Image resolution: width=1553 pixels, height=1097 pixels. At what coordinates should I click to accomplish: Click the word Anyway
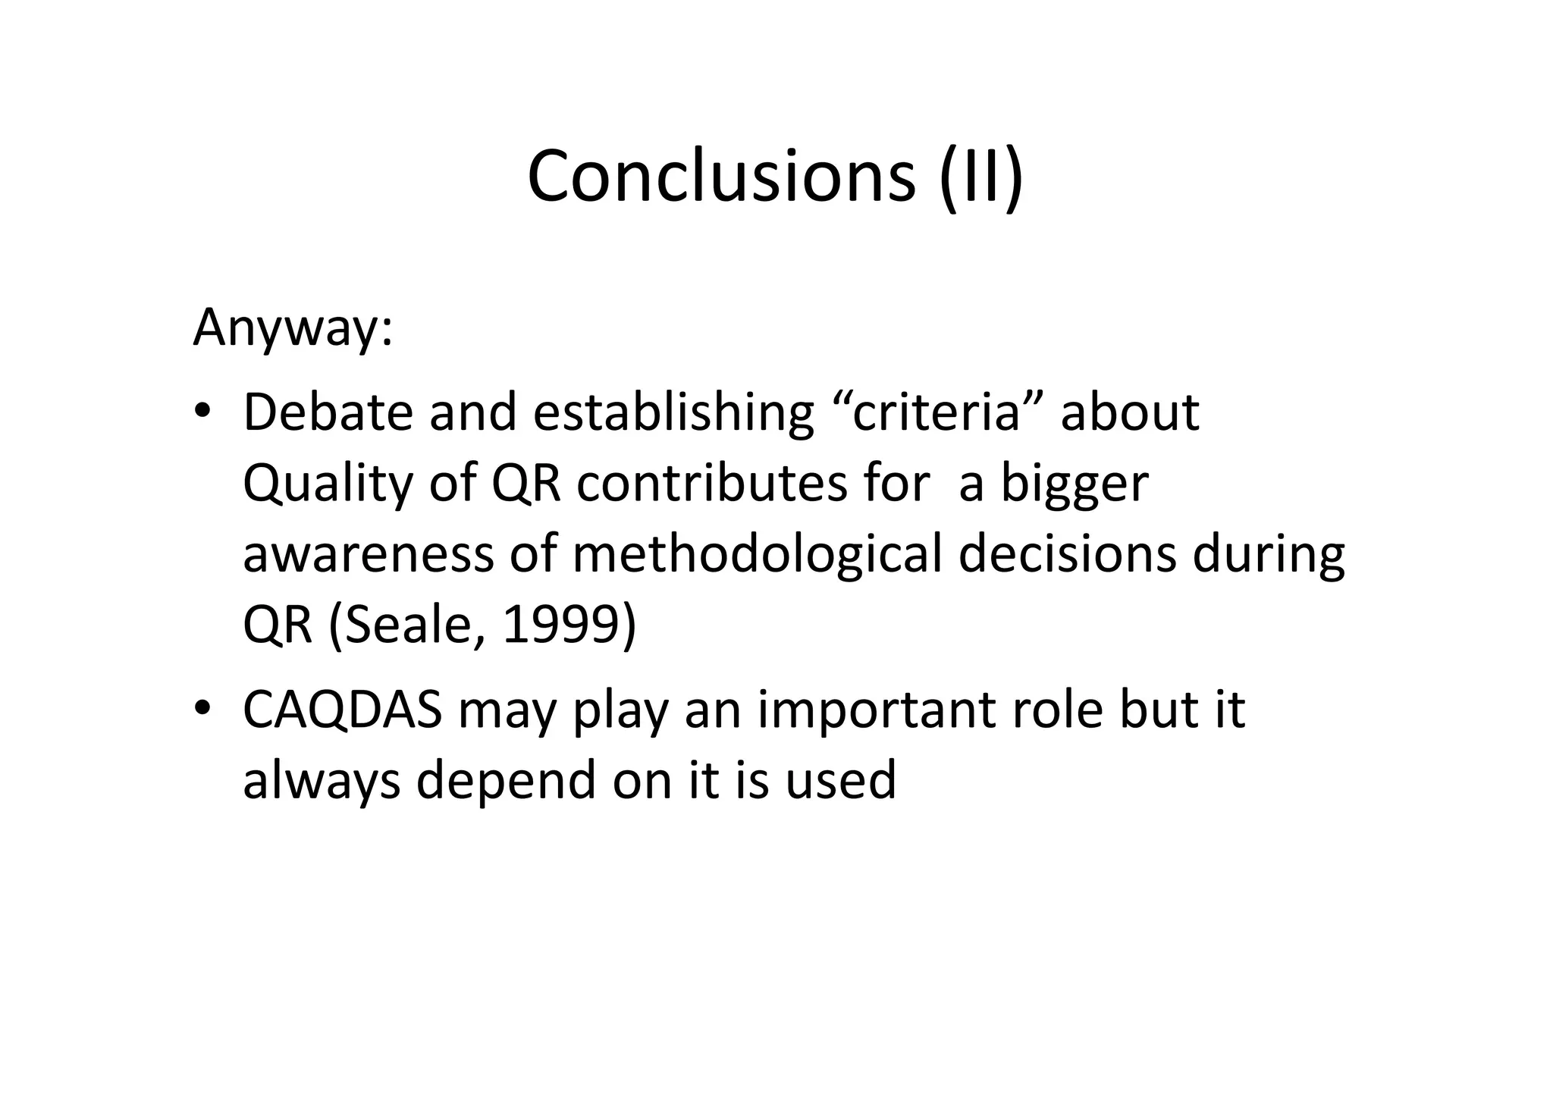coord(292,328)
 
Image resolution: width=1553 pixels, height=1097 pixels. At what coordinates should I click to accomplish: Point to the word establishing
coord(673,414)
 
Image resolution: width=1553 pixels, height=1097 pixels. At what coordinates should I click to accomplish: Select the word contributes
coord(711,484)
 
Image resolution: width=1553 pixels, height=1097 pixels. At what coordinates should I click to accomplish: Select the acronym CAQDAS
coord(342,710)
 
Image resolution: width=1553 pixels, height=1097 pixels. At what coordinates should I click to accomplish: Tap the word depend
coord(506,781)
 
